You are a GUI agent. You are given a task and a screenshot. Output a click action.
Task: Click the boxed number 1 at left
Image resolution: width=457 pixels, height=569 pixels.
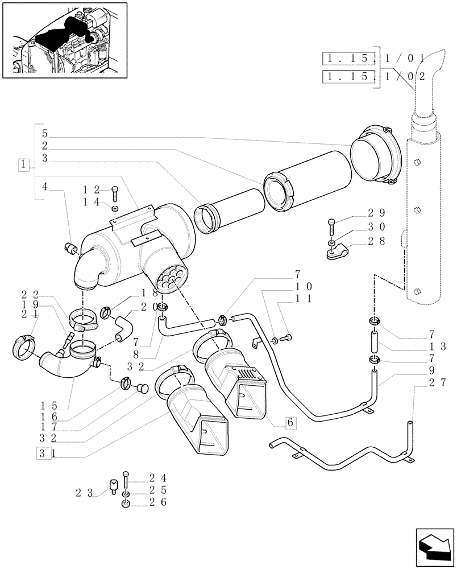[23, 164]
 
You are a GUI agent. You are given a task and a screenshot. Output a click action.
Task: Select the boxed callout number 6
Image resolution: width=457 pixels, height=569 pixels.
[290, 422]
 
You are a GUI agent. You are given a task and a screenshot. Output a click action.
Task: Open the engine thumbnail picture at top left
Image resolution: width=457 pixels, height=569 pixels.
[64, 39]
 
